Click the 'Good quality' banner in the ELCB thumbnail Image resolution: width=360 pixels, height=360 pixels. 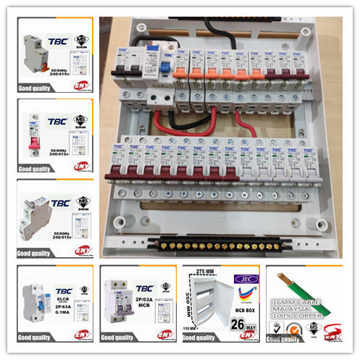click(x=36, y=338)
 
